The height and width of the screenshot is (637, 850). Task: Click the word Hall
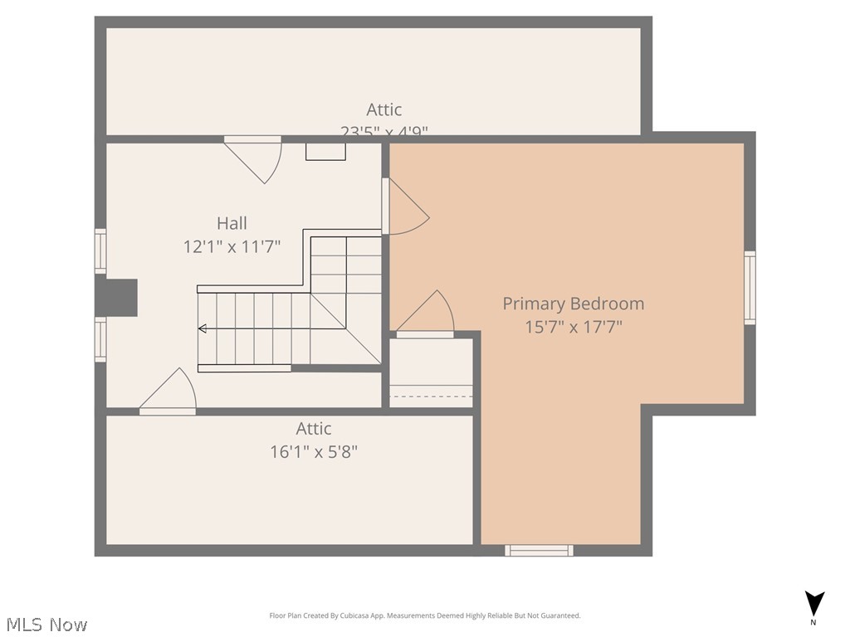tap(232, 222)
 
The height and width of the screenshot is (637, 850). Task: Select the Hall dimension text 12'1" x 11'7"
tap(232, 246)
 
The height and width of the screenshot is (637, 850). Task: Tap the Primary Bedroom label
tap(573, 304)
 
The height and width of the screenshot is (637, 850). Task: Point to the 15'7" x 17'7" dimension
tap(573, 327)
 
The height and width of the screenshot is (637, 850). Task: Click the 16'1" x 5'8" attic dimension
tap(314, 452)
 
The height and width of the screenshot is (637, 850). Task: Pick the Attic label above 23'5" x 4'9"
tap(383, 109)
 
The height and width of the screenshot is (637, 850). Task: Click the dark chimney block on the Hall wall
tap(117, 297)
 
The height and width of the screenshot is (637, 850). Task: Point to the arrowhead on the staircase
tap(202, 329)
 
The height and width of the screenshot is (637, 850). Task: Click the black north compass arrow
tap(814, 603)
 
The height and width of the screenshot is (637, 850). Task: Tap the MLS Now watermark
tap(46, 625)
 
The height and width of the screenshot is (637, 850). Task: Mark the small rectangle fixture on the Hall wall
tap(325, 152)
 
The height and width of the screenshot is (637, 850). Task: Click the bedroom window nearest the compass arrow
tap(540, 550)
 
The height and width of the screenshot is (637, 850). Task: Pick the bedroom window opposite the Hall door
tap(750, 288)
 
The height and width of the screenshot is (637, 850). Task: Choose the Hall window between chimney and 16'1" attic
tap(100, 340)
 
